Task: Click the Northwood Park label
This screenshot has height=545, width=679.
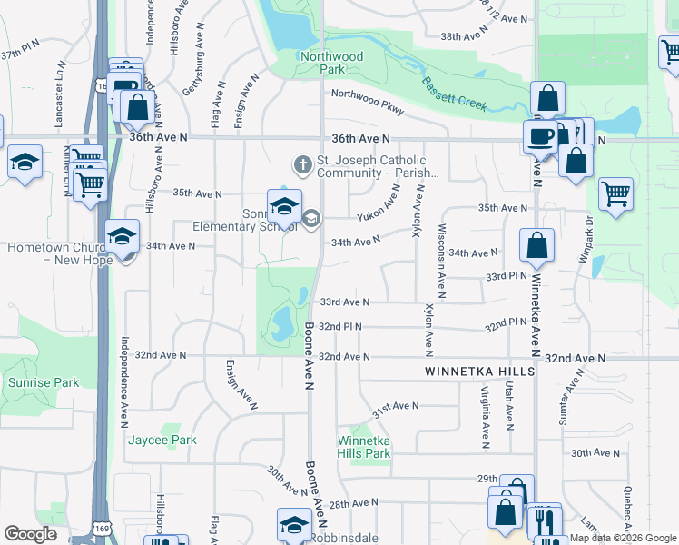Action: point(332,63)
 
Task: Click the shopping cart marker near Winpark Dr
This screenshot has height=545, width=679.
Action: point(615,193)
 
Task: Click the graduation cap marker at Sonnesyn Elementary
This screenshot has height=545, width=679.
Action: point(284,204)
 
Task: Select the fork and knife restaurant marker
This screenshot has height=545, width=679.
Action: point(545,521)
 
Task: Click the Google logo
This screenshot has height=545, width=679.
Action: point(30,534)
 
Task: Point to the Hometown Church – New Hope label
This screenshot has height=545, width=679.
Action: point(60,253)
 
